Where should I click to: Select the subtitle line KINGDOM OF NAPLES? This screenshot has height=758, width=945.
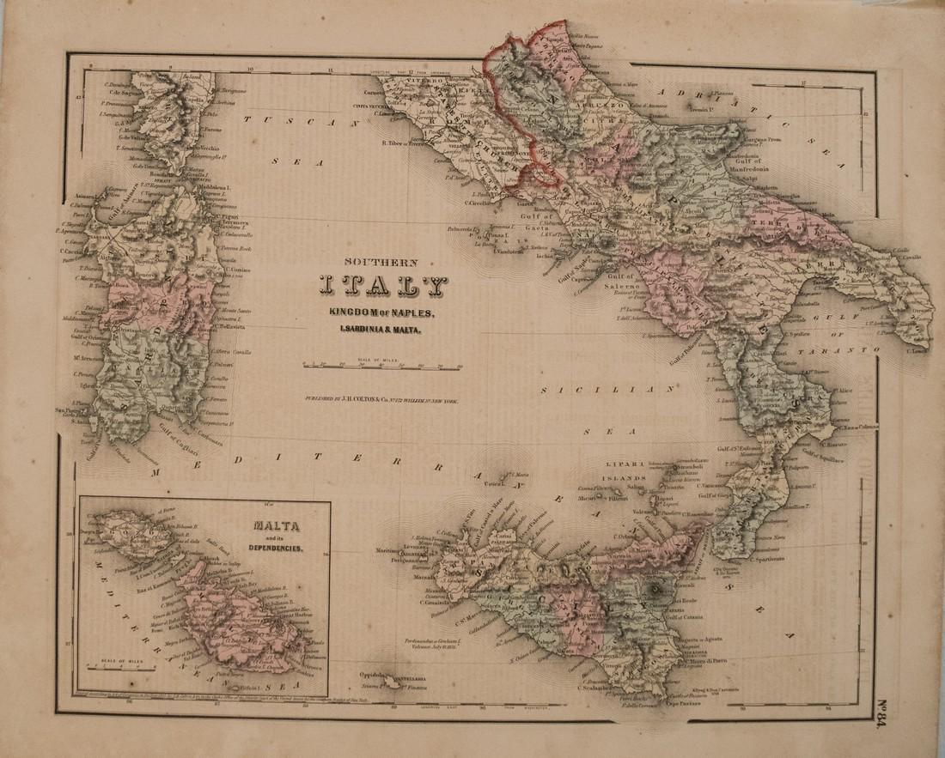coord(381,312)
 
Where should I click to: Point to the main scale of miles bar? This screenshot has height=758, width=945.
coord(382,367)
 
